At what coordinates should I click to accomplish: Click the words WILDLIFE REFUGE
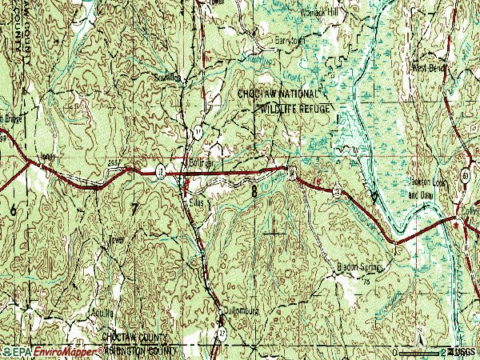(x=294, y=106)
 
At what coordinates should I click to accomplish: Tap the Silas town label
(x=194, y=202)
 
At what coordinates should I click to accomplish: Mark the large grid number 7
(x=134, y=209)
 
